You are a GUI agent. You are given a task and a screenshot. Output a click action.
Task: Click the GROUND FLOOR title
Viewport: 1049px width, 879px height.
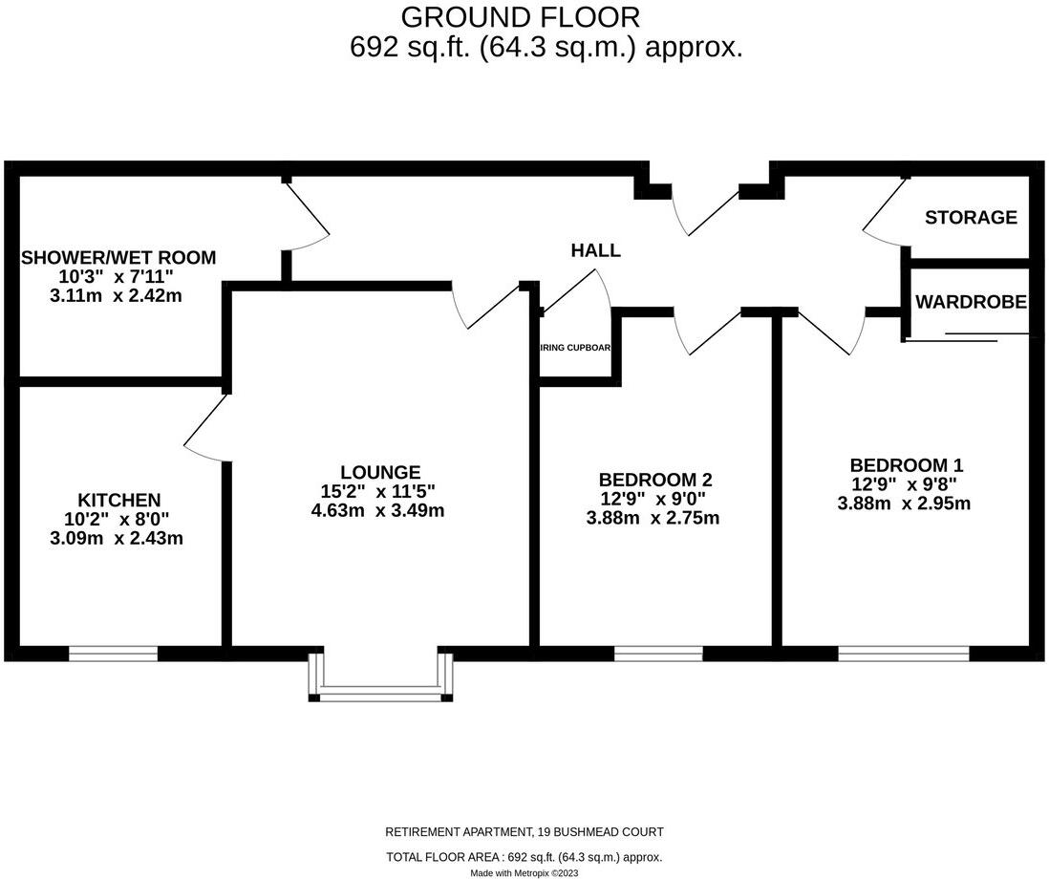point(520,17)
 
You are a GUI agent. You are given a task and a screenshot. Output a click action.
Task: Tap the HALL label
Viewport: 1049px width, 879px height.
point(595,251)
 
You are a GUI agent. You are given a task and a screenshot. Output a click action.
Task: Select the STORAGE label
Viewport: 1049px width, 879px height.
point(971,218)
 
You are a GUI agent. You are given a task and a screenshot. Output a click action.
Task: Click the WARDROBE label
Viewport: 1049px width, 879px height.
point(971,302)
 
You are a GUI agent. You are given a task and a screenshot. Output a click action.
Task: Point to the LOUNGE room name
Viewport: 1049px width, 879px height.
point(380,472)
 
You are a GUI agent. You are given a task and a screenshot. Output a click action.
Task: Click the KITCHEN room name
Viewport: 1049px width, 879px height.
point(118,500)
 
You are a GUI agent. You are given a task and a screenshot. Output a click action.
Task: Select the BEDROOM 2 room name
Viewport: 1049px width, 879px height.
point(655,480)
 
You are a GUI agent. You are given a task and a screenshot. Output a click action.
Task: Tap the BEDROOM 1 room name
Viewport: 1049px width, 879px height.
point(907,465)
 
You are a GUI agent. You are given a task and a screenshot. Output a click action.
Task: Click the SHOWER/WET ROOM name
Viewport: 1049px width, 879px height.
point(118,258)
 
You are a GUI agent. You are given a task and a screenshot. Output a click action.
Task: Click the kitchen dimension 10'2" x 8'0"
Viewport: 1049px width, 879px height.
point(118,519)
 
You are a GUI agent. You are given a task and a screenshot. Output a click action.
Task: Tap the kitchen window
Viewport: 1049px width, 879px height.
point(113,654)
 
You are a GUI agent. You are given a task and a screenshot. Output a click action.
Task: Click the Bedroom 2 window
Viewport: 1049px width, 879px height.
point(658,654)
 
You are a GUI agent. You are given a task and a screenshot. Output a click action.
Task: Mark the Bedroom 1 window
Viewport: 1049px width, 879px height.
point(904,654)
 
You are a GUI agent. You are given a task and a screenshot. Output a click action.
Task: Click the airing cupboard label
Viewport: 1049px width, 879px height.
point(576,349)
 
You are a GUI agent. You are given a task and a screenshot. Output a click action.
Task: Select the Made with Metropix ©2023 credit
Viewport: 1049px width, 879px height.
point(524,872)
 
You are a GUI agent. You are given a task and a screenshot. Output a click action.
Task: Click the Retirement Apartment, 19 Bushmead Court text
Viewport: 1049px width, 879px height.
point(524,832)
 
